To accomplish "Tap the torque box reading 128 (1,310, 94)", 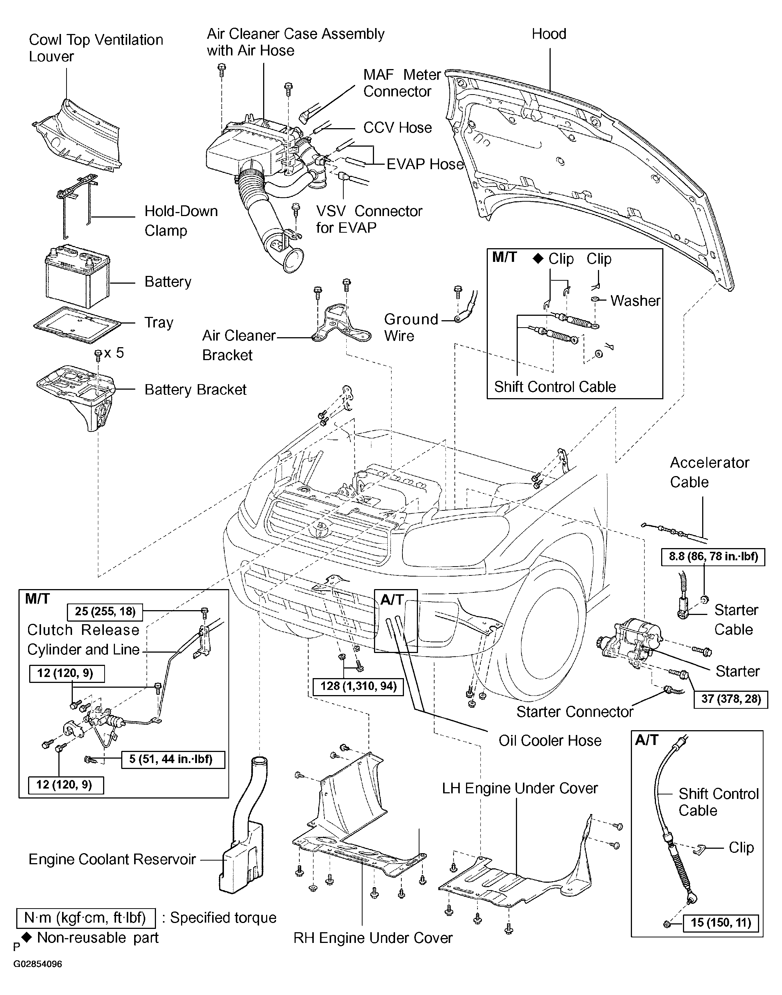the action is coord(358,686).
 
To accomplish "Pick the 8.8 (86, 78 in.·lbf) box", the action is coord(713,557).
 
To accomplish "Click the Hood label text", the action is coord(549,34).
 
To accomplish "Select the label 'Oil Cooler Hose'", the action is coord(550,740).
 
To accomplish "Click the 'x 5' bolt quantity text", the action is coord(114,353).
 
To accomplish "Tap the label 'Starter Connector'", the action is coord(575,712).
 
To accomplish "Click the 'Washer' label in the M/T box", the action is coord(636,301).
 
